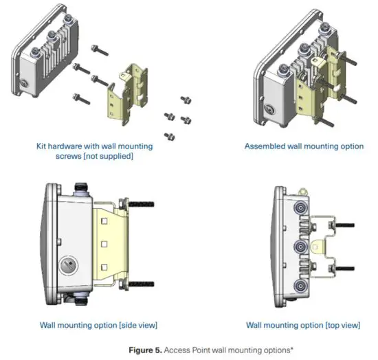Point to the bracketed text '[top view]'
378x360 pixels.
pos(346,324)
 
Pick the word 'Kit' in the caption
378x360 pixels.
pos(43,146)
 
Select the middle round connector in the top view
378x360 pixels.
pos(299,247)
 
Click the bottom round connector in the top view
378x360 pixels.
pos(299,286)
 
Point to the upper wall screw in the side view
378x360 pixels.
pos(140,204)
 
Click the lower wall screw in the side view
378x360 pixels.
pos(140,282)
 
